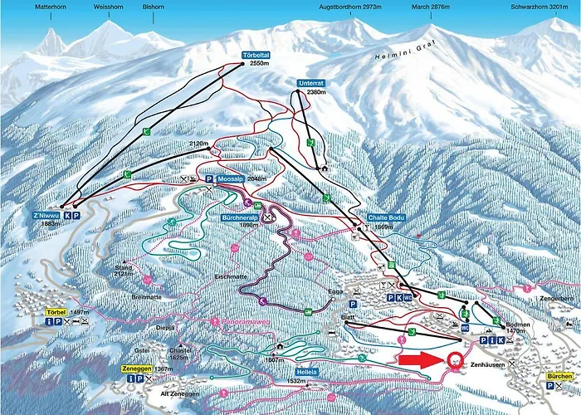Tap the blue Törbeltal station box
255,56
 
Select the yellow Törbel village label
56,312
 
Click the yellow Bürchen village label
559,377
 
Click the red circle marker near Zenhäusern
455,360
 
